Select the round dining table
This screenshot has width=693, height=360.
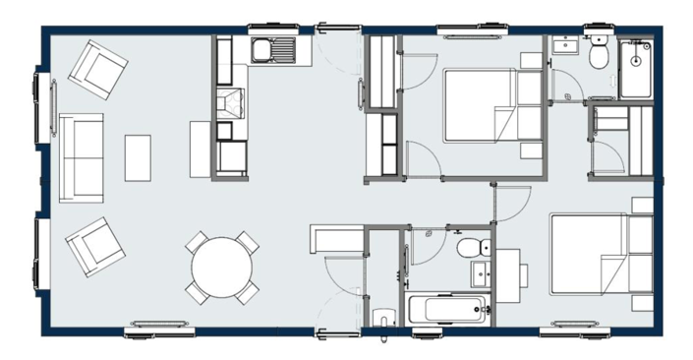222,267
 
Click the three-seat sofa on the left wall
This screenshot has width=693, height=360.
81,157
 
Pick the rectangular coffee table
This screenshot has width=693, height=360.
139,157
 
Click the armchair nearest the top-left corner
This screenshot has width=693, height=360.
99,69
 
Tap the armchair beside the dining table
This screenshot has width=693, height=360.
92,245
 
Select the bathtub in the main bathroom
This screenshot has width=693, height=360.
446,309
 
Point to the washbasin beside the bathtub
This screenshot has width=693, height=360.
481,272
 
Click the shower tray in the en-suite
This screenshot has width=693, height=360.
636,68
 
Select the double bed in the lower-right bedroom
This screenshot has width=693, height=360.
590,255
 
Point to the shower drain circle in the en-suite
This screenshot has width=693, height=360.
635,58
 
